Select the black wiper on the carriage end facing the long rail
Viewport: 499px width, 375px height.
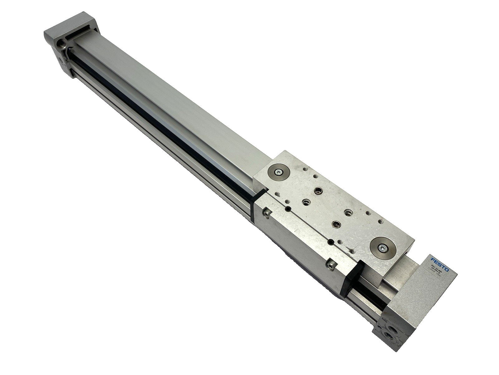point(259,196)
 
